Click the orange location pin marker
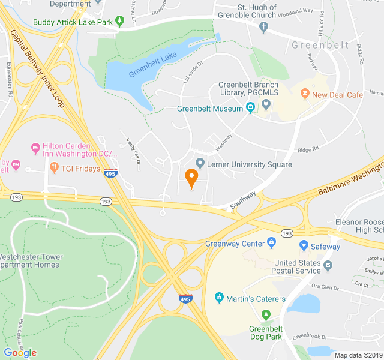tap(191, 178)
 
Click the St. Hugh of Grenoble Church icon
tap(263, 27)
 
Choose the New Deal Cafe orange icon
tap(304, 95)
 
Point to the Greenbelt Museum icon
tap(250, 109)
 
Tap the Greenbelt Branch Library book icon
tap(266, 104)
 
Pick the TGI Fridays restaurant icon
tap(54, 169)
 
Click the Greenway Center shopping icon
tap(272, 243)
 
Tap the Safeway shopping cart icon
tap(304, 246)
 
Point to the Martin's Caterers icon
tap(220, 298)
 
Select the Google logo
tap(20, 352)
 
